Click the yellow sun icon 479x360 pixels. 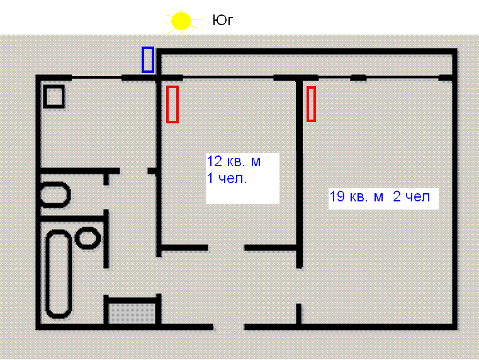[181, 21]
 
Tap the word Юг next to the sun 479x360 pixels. [223, 20]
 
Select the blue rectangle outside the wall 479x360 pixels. [148, 60]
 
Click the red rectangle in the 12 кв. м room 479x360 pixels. [172, 104]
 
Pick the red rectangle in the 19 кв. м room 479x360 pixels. [311, 104]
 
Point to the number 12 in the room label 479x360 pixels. [215, 161]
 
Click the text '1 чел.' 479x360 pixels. [227, 178]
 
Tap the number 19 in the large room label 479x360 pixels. [337, 196]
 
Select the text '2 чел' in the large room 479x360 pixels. [411, 196]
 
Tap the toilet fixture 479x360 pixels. [55, 195]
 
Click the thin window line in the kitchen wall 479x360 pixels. [96, 78]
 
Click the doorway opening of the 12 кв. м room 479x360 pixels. [226, 247]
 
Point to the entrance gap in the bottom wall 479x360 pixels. [229, 327]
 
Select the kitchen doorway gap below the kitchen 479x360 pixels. [134, 171]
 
